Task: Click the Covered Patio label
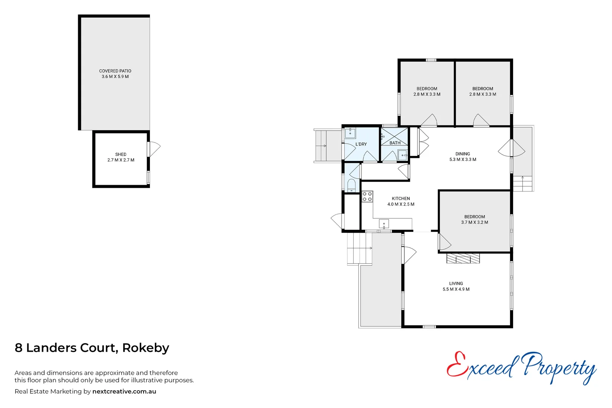tap(115, 71)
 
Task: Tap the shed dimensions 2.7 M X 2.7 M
tap(121, 160)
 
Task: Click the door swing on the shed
tap(155, 149)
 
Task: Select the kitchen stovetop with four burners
tap(367, 196)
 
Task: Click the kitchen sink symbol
tap(384, 224)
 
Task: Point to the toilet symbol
tap(351, 185)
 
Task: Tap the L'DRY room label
tap(361, 144)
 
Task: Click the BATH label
tap(395, 143)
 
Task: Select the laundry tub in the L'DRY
tap(350, 133)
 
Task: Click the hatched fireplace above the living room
tap(463, 258)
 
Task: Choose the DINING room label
tap(463, 154)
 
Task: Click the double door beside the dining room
tap(512, 148)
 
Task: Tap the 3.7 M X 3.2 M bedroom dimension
tap(474, 223)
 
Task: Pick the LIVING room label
tap(456, 284)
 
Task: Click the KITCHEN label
tap(401, 199)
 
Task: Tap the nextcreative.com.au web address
tap(124, 392)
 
